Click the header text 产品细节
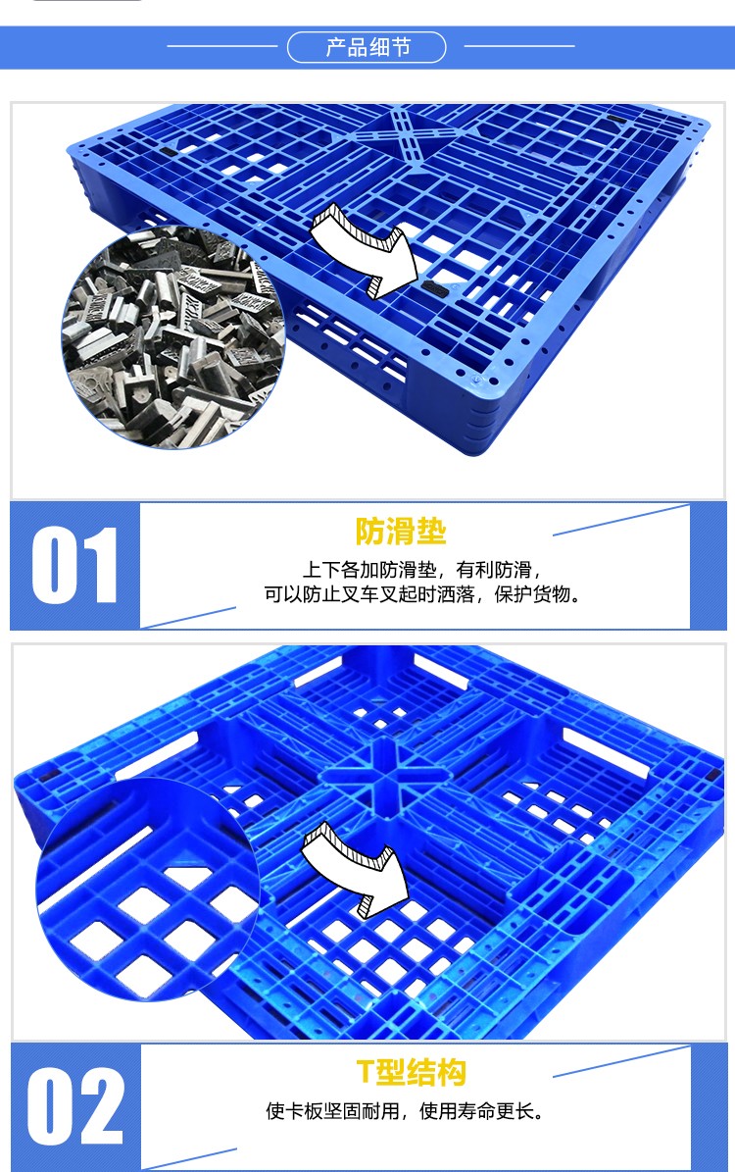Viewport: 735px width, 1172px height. [x=367, y=47]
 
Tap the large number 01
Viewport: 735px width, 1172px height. [x=74, y=566]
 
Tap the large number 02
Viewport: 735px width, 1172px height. [x=75, y=1106]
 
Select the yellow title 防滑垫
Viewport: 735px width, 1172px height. [x=401, y=532]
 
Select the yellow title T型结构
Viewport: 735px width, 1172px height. [x=411, y=1072]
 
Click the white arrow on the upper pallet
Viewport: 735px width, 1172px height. [x=358, y=245]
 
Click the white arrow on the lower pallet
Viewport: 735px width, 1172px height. [x=355, y=868]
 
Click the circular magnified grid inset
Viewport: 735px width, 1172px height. [x=147, y=892]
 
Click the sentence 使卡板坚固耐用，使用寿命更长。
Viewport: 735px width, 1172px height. [x=405, y=1111]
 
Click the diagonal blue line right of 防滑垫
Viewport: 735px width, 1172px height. [x=621, y=520]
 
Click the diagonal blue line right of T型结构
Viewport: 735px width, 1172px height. [x=621, y=1061]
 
